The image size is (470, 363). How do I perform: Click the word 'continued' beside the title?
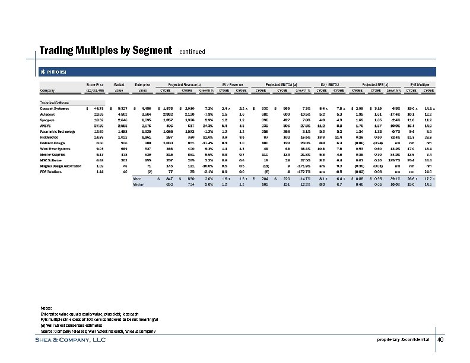192,52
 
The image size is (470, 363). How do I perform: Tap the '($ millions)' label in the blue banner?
53,72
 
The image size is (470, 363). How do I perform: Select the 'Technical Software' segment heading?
53,102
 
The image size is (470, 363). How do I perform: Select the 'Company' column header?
47,91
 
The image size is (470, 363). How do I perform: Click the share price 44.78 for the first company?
98,108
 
